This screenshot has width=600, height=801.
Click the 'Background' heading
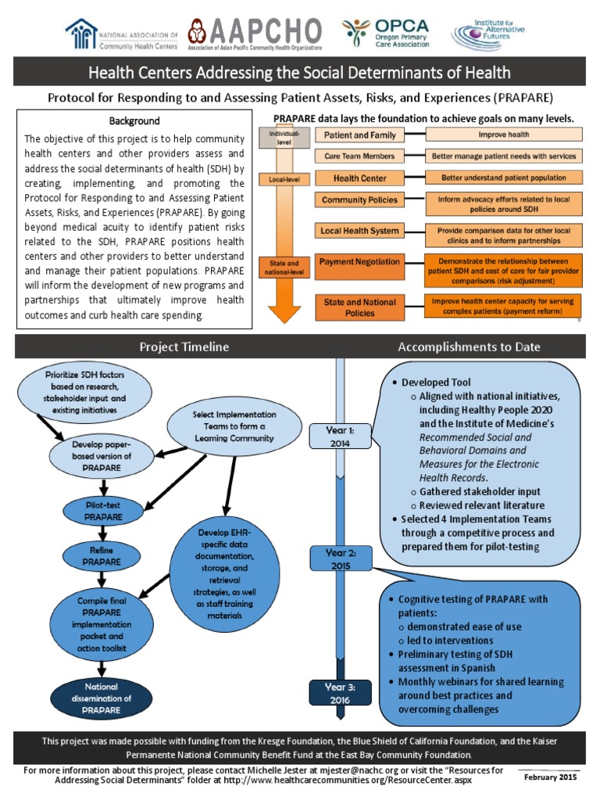(x=134, y=121)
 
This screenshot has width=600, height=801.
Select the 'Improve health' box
(x=503, y=135)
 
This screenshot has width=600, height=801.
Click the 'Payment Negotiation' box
(x=361, y=261)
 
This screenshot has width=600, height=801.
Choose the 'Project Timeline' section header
(x=184, y=347)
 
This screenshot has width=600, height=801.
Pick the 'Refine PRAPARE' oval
(x=101, y=556)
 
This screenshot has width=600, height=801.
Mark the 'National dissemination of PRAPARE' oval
(x=101, y=698)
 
